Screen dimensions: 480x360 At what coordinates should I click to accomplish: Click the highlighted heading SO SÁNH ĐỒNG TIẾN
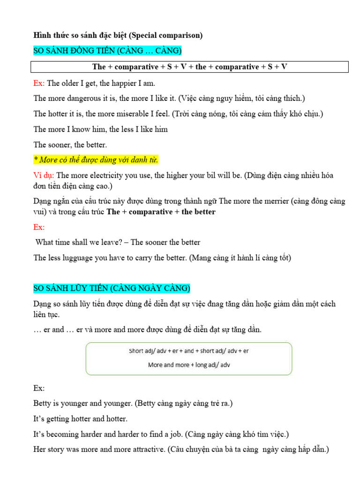coord(107,50)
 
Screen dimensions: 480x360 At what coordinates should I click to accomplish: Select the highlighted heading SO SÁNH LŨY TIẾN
coord(112,287)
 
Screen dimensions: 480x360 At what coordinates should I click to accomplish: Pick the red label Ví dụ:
coord(44,175)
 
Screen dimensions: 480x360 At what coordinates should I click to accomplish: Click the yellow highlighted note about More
coord(96,160)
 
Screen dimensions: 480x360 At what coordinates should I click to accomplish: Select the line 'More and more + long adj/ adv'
coord(189,364)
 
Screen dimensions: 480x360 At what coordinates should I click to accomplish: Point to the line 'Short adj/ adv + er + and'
coord(189,351)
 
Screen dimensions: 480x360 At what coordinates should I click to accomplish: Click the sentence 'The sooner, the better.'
coord(70,144)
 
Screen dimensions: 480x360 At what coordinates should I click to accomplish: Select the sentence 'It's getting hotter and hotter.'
coord(81,419)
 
